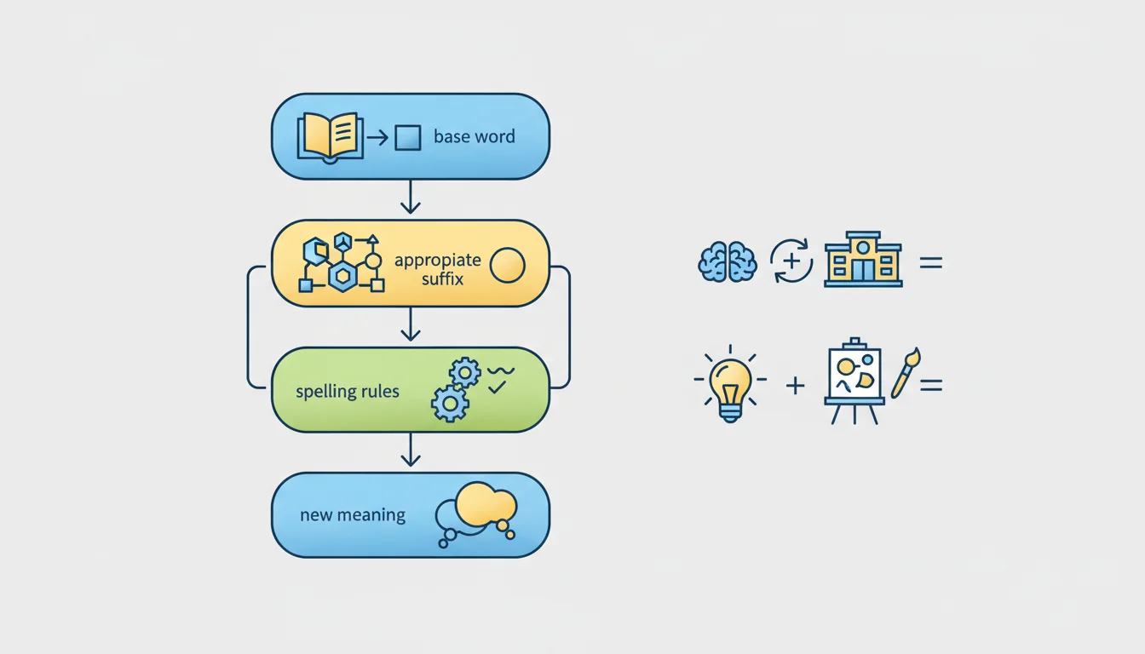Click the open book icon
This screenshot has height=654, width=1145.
pyautogui.click(x=331, y=138)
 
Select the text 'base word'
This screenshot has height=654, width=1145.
pyautogui.click(x=475, y=137)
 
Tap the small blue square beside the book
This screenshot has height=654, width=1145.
pyautogui.click(x=408, y=138)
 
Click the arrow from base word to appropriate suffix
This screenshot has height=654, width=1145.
pyautogui.click(x=411, y=197)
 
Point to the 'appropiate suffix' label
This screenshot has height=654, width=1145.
pyautogui.click(x=438, y=269)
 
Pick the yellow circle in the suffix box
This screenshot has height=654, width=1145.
pyautogui.click(x=507, y=265)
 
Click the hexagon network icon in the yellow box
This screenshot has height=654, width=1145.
pyautogui.click(x=341, y=263)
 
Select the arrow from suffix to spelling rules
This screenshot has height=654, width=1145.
pyautogui.click(x=411, y=324)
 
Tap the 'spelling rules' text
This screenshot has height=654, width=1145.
pyautogui.click(x=348, y=392)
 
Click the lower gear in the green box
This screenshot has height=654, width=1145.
pyautogui.click(x=450, y=404)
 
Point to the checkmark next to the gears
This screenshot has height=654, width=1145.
pyautogui.click(x=497, y=387)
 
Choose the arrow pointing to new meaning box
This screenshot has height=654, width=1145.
pyautogui.click(x=411, y=450)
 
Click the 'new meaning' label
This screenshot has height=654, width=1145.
pyautogui.click(x=353, y=514)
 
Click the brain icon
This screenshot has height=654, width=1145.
pyautogui.click(x=728, y=261)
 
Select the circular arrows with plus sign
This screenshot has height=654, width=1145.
pyautogui.click(x=791, y=261)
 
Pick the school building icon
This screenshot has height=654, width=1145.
pyautogui.click(x=863, y=259)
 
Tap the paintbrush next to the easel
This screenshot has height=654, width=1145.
pyautogui.click(x=906, y=373)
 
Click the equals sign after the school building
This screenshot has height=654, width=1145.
pyautogui.click(x=931, y=262)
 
